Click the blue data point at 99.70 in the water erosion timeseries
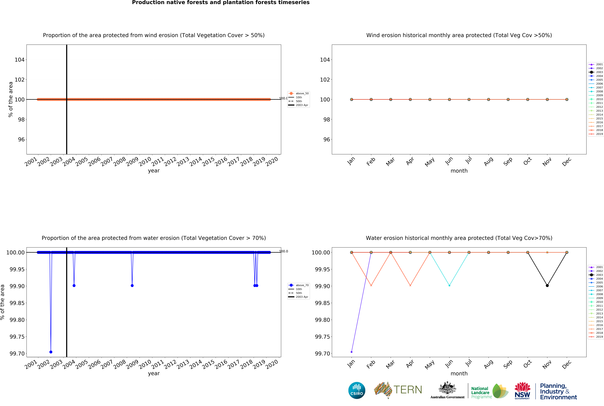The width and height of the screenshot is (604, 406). pos(51,352)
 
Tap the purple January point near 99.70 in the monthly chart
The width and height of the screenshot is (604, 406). pos(351,352)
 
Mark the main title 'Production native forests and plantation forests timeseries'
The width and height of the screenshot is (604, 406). pos(221,3)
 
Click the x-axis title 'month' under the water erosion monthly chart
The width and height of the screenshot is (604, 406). pos(459,373)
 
